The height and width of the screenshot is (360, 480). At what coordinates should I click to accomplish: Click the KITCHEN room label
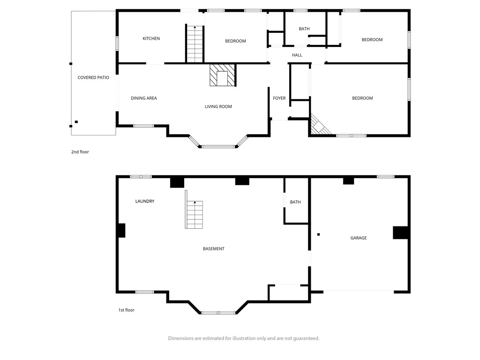[x=151, y=38]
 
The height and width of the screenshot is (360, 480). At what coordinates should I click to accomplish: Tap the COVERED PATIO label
[x=93, y=78]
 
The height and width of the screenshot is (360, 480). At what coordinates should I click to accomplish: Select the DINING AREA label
[x=144, y=98]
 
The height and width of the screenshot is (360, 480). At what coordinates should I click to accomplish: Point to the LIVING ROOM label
[x=218, y=106]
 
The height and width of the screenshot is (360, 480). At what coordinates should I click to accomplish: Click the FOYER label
[x=279, y=98]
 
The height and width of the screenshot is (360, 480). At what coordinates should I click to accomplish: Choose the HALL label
[x=297, y=55]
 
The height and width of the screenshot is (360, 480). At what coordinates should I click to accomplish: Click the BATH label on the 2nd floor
[x=304, y=29]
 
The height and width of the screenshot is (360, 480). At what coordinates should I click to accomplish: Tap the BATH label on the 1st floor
[x=295, y=202]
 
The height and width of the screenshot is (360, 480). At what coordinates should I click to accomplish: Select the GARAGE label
[x=359, y=238]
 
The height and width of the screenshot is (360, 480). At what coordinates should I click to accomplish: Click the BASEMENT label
[x=214, y=249]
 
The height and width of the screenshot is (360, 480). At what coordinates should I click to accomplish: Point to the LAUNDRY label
[x=145, y=201]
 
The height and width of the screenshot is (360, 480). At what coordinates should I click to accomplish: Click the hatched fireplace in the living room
[x=222, y=75]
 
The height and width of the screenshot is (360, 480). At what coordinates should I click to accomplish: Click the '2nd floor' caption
[x=80, y=152]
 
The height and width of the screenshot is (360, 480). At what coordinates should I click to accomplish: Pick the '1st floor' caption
[x=127, y=310]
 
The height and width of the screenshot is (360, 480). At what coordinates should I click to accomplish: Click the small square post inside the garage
[x=319, y=234]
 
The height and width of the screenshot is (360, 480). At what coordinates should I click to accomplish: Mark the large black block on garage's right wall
[x=400, y=232]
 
